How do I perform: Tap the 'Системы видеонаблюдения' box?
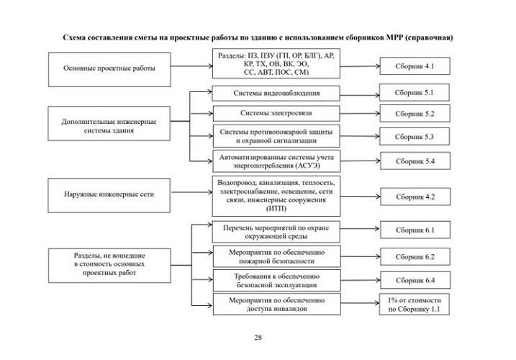276,94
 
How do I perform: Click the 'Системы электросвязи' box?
276,114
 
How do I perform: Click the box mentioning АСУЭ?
276,161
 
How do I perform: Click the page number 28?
258,337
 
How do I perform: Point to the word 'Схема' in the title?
76,37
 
